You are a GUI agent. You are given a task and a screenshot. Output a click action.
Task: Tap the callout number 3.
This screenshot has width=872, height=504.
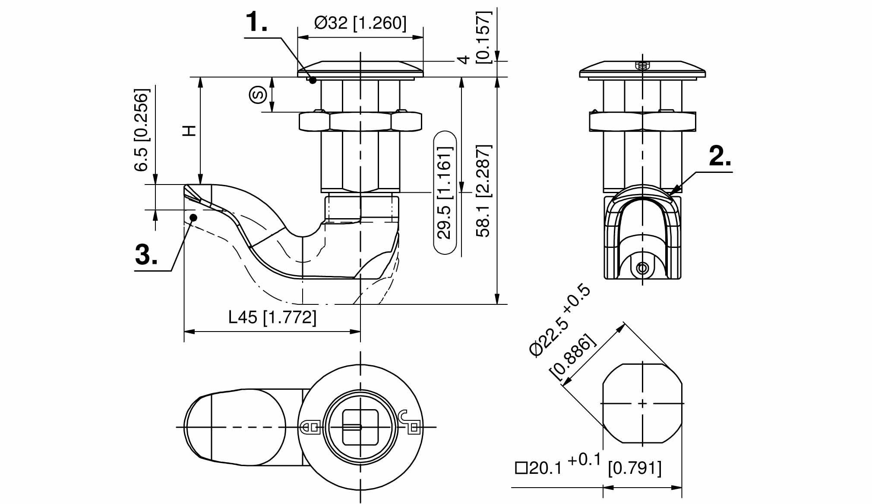[146, 254]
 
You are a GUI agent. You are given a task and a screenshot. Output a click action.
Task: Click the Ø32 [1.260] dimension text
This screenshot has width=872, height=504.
[360, 23]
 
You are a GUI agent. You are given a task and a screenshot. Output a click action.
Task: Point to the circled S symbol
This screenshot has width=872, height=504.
[258, 94]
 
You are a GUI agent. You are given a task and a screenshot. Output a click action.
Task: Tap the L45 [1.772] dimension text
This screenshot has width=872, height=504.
[272, 317]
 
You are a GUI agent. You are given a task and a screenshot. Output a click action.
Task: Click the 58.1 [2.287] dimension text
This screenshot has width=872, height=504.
[484, 191]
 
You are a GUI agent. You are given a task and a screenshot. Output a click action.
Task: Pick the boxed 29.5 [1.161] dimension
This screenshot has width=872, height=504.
[445, 193]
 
